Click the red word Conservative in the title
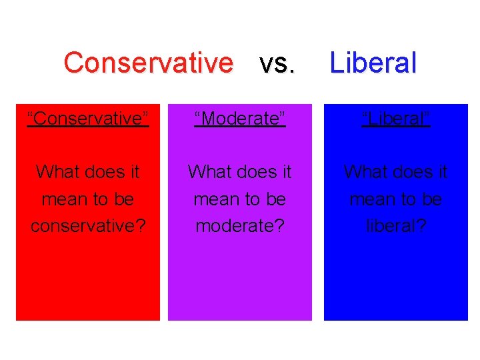tap(149, 63)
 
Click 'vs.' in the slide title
tap(277, 63)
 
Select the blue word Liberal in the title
tap(373, 63)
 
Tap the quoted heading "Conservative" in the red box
tap(88, 119)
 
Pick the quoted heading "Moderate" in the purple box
tap(240, 119)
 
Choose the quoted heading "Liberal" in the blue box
tap(396, 119)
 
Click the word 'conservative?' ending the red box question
tap(88, 226)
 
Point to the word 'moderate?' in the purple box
tap(240, 226)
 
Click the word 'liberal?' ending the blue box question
tap(396, 226)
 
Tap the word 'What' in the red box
tap(55, 172)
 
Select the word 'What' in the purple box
tap(207, 172)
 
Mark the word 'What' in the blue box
tap(363, 172)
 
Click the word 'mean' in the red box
tap(60, 199)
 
